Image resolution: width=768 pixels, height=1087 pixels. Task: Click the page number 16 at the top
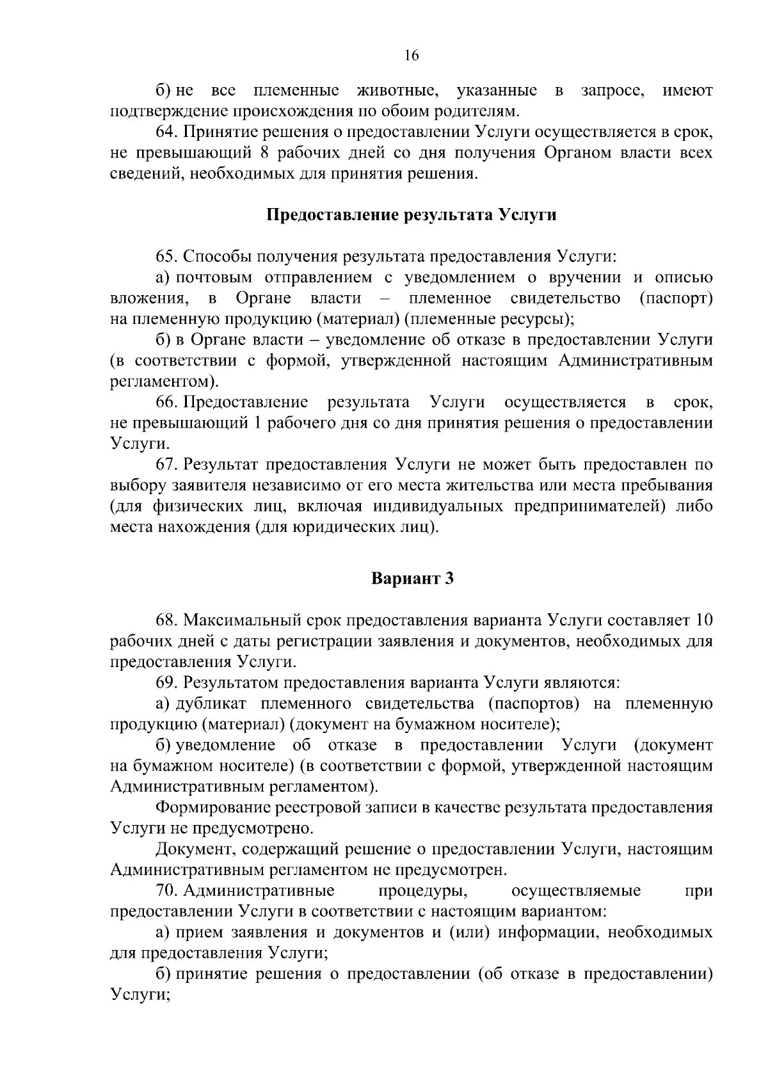pos(411,56)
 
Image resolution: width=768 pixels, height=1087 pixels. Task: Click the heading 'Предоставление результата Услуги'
pos(411,215)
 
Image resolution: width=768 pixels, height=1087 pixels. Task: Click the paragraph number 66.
pos(166,403)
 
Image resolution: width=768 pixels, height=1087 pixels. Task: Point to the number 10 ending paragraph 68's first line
pos(703,620)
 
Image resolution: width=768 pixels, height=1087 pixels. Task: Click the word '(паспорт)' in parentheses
pos(676,298)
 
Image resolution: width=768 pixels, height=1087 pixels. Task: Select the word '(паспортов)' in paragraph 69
pos(534,704)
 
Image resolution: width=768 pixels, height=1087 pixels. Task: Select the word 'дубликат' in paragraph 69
pos(211,704)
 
